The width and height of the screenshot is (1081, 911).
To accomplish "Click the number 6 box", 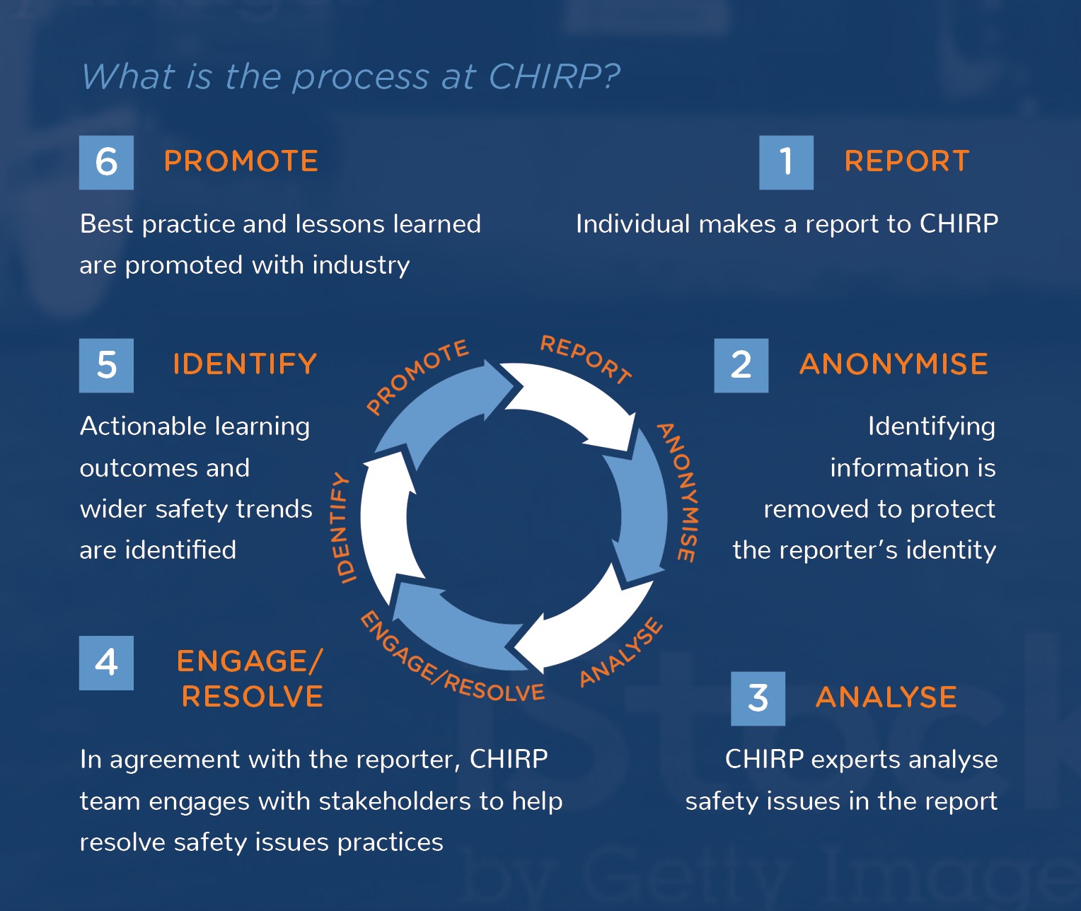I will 106,162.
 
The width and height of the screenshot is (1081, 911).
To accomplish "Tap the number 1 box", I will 786,162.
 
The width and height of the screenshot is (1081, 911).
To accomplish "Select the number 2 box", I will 741,365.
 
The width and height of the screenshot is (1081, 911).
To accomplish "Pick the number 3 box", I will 758,698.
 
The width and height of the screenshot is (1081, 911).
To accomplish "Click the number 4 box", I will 106,663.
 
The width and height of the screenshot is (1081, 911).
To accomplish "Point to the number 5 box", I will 106,365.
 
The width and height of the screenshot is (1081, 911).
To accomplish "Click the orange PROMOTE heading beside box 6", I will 241,161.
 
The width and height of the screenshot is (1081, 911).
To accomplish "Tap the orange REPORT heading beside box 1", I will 907,161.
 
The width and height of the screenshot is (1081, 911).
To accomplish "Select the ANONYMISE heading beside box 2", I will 894,364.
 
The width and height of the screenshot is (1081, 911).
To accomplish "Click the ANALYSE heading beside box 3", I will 886,697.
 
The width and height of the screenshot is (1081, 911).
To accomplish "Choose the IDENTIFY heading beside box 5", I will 245,364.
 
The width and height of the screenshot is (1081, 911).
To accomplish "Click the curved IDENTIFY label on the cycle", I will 342,528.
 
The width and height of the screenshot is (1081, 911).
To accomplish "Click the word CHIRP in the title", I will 545,76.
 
